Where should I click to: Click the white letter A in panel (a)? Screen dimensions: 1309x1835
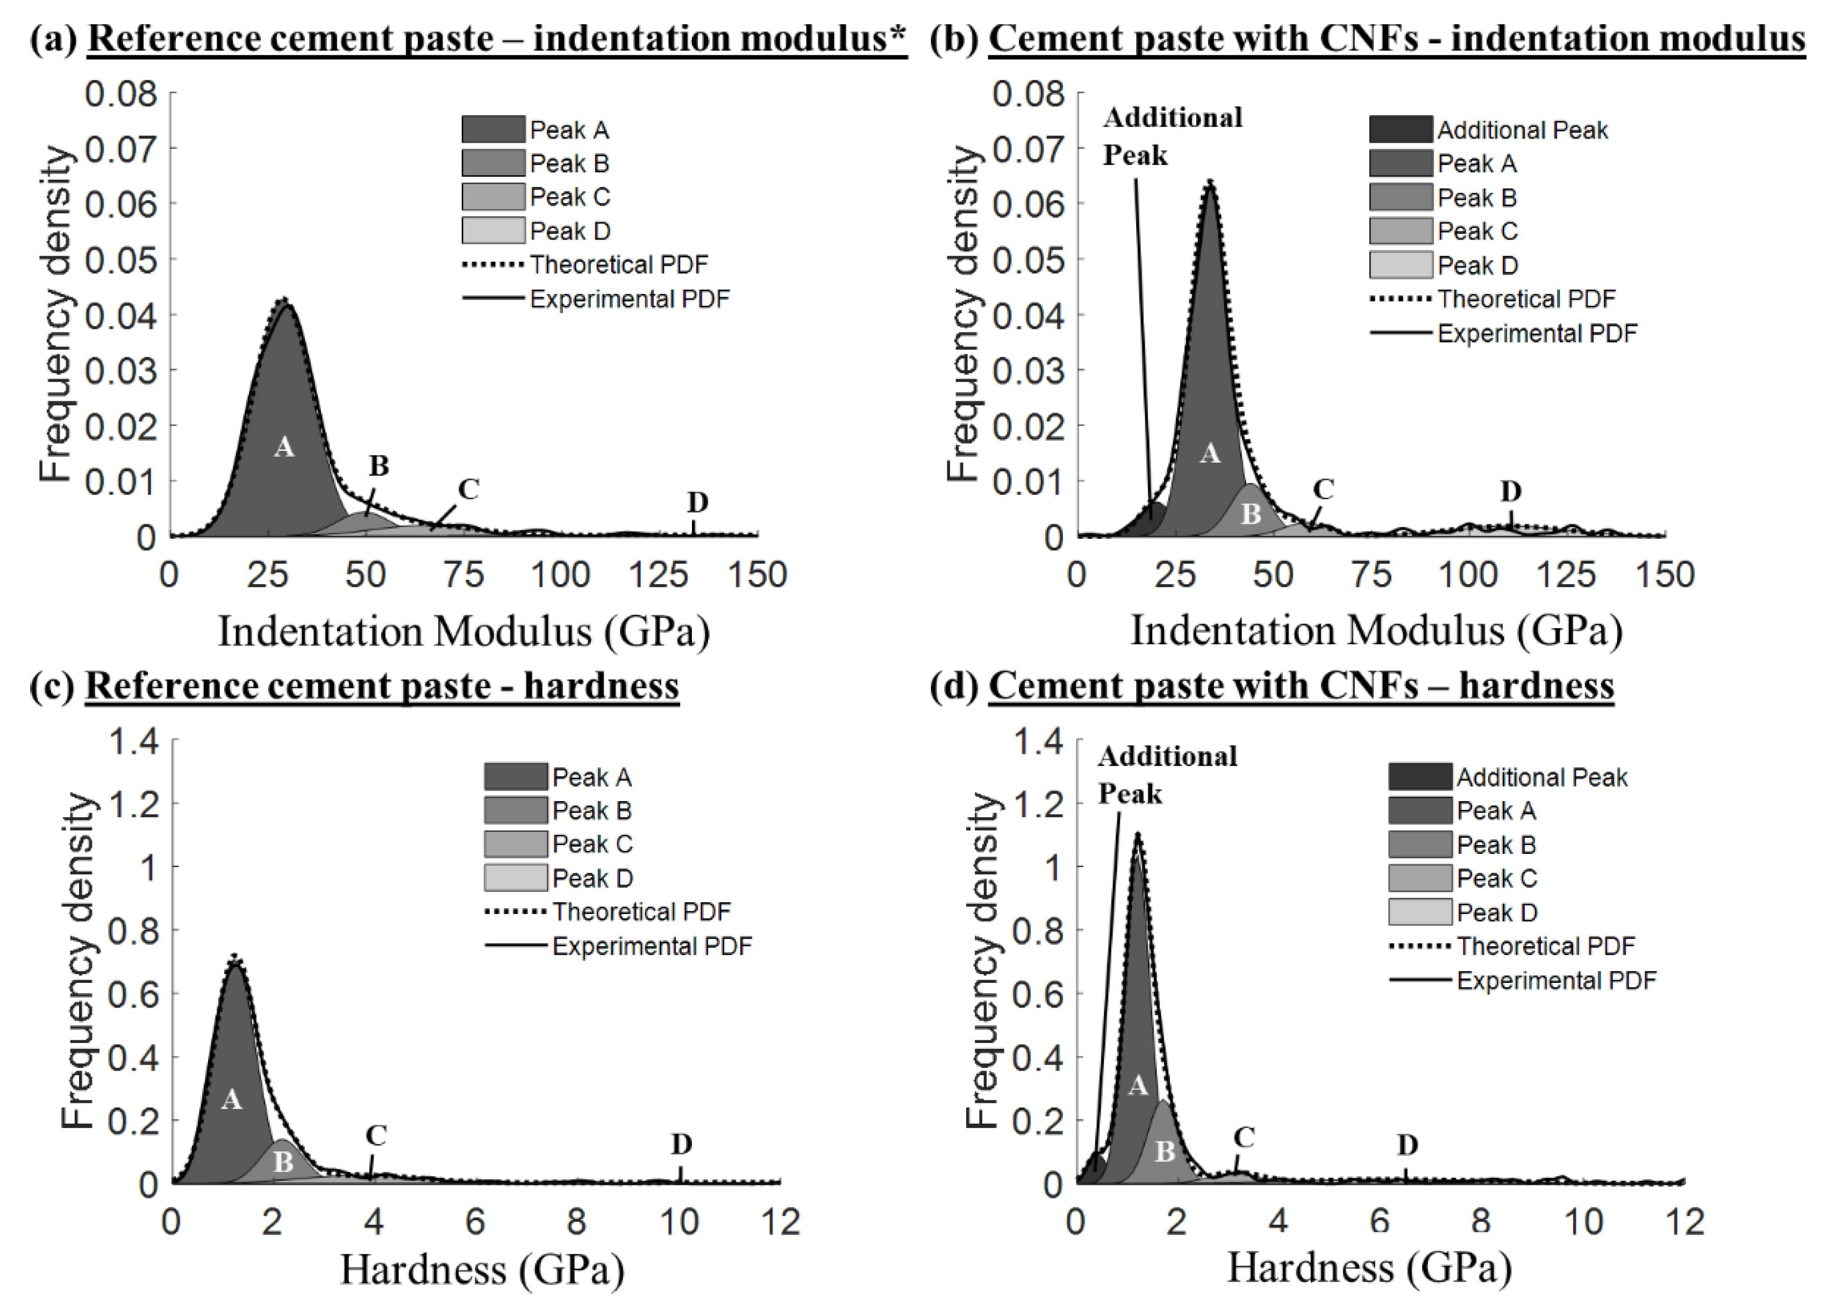tap(284, 447)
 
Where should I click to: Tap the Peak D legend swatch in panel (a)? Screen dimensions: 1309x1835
tap(492, 231)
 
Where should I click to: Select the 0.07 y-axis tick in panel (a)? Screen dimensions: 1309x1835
tap(121, 149)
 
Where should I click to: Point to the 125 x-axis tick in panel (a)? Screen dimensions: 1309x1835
tap(659, 576)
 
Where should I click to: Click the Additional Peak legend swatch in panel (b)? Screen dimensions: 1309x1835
tap(1401, 130)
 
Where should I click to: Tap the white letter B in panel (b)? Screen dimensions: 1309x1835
tap(1251, 514)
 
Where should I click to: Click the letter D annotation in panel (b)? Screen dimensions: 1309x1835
tap(1510, 491)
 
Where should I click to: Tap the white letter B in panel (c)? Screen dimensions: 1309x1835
tap(283, 1162)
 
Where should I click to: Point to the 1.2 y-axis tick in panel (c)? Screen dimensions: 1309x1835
tap(134, 804)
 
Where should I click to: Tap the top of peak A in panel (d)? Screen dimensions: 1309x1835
tap(1138, 835)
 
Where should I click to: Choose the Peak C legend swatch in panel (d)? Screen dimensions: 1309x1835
tap(1420, 879)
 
